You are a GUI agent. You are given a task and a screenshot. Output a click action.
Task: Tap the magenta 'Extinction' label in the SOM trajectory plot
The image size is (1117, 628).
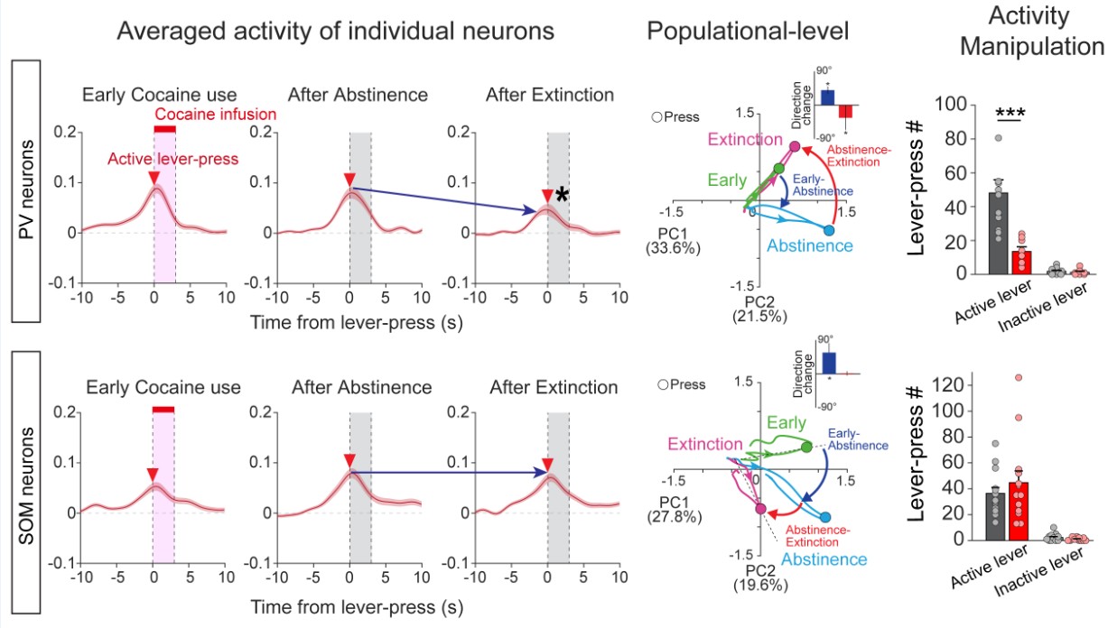point(707,445)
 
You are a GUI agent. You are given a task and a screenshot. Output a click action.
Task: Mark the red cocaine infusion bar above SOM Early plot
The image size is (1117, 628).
point(164,410)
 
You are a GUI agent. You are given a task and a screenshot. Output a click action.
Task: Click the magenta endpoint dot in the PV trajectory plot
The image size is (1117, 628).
point(794,146)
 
